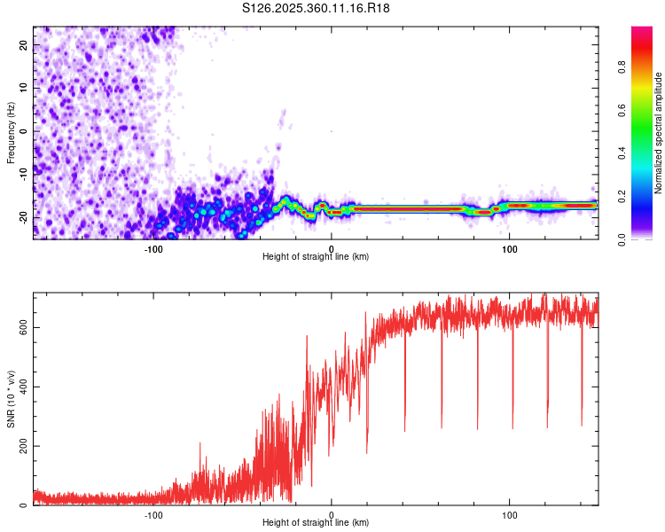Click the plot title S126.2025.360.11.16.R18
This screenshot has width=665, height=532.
[317, 8]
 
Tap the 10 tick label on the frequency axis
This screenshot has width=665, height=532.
[25, 88]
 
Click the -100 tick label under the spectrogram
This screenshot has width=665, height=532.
[153, 248]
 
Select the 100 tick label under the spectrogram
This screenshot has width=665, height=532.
[509, 248]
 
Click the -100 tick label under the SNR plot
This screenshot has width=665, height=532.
[153, 514]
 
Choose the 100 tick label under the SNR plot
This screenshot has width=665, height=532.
[509, 514]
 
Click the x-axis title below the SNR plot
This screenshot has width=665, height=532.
[316, 525]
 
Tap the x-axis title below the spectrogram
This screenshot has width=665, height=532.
[316, 258]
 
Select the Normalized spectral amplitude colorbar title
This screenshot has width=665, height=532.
[659, 133]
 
